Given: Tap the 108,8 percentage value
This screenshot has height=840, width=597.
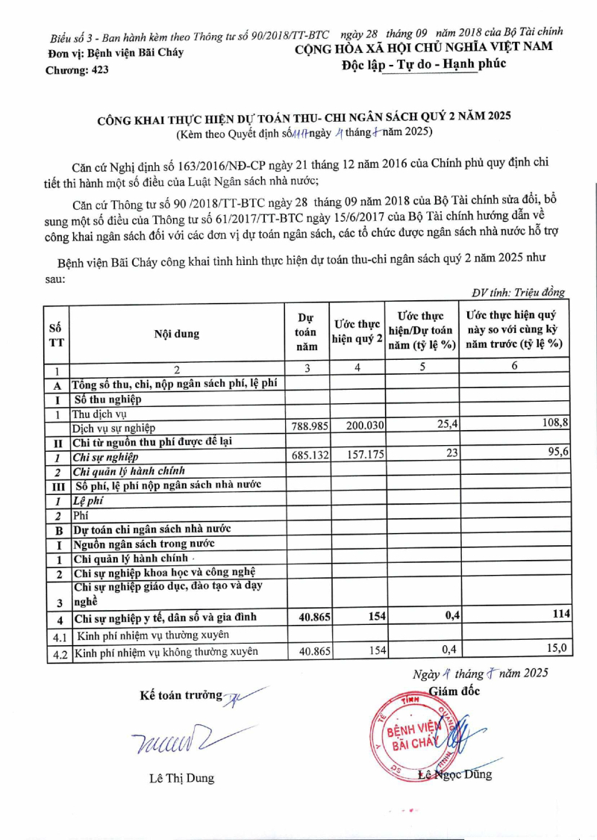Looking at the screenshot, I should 556,423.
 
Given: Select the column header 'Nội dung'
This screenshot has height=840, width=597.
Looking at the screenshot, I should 177,334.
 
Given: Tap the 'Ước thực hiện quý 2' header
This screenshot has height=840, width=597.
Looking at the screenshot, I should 357,332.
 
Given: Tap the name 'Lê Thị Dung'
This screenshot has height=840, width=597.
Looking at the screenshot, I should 181,778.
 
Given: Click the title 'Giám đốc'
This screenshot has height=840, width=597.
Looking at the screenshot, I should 454,691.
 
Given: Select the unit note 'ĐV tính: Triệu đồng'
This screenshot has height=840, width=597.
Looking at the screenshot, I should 518,293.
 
